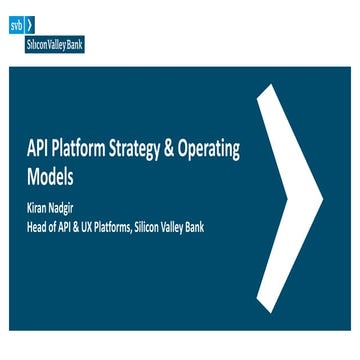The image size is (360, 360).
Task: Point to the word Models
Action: (x=50, y=175)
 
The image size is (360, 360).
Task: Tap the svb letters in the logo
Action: (x=16, y=23)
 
